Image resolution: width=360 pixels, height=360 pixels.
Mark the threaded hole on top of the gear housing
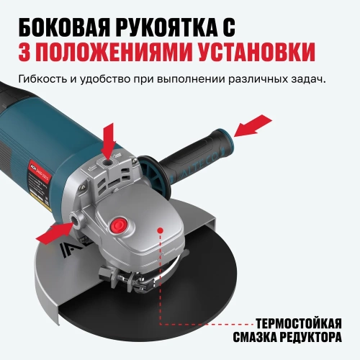pos(108,164)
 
